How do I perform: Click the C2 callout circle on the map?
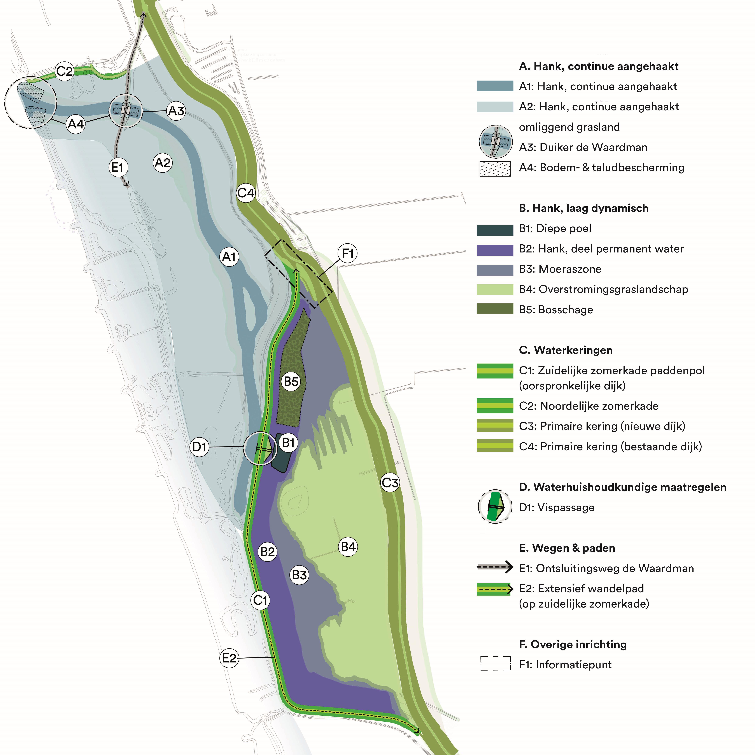65,71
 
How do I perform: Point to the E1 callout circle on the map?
118,167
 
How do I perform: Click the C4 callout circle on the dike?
246,193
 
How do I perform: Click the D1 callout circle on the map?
199,447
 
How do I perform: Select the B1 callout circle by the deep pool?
288,443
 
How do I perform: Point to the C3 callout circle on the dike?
390,483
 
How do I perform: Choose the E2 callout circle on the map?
229,658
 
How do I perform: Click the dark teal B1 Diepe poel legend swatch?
495,230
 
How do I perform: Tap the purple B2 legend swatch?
495,250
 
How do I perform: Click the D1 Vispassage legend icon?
495,506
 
